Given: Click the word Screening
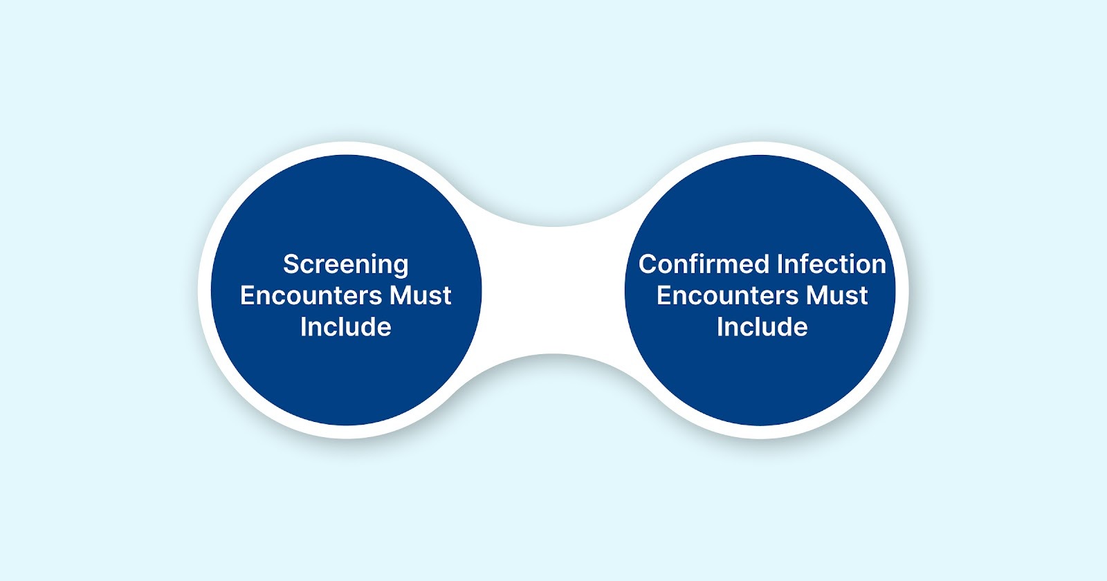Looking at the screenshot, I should (x=346, y=264).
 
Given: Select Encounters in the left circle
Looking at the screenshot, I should (x=313, y=295).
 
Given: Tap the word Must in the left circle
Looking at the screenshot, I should (x=421, y=295).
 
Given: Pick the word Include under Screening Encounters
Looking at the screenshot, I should (x=346, y=326).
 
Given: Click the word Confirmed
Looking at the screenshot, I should (x=703, y=264).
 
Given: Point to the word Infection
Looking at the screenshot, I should (x=831, y=264).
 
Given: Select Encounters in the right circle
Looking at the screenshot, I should (x=729, y=295).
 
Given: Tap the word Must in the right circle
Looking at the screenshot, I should (x=836, y=295).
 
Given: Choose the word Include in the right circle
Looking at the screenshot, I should (x=762, y=326).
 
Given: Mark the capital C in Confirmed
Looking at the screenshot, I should (x=648, y=264).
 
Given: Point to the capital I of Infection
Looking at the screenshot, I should (x=780, y=264).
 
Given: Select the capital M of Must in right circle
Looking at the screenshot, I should (x=817, y=295).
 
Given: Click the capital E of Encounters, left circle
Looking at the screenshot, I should (x=247, y=295).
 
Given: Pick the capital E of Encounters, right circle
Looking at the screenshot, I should (x=664, y=295).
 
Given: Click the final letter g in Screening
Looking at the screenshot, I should (x=400, y=266).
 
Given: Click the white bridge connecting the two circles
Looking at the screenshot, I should (x=553, y=290).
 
